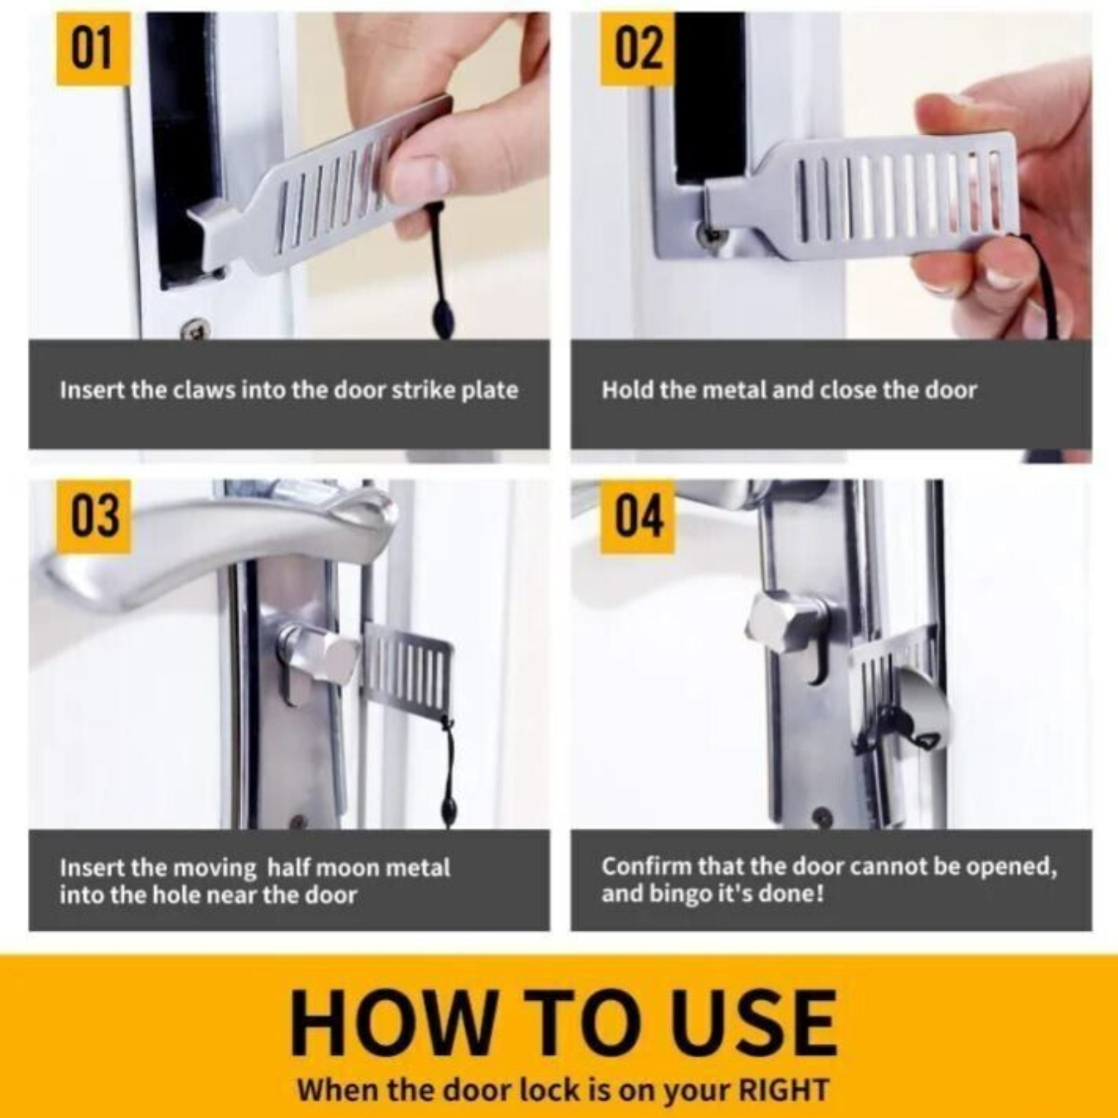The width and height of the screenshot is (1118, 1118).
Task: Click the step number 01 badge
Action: point(93,49)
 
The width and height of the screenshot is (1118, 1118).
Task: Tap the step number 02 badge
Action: point(637,49)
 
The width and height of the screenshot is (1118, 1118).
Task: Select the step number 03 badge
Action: point(93,516)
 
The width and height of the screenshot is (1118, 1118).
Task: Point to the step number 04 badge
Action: point(637,516)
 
